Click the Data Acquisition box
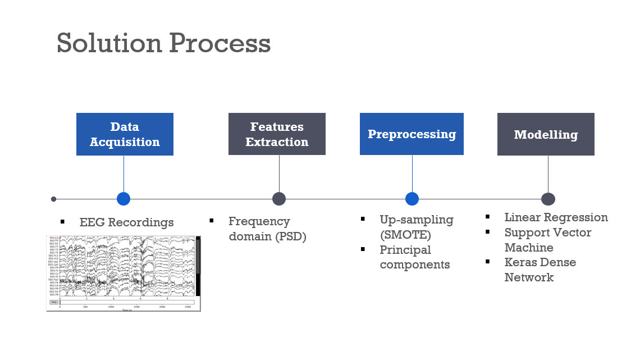click(x=125, y=134)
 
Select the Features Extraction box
click(x=277, y=134)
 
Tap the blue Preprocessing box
click(x=412, y=134)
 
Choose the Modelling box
click(x=546, y=134)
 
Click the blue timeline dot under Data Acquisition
click(x=124, y=199)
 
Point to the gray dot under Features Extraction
click(x=279, y=199)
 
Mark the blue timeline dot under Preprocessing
click(x=412, y=199)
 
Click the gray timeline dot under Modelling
click(x=548, y=199)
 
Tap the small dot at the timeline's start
click(x=53, y=199)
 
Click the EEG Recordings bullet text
click(x=126, y=222)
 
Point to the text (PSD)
click(x=290, y=236)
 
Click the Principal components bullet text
click(x=414, y=257)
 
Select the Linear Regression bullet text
click(x=556, y=217)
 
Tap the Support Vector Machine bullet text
click(x=547, y=240)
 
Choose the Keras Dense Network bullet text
click(x=540, y=270)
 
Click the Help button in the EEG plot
click(x=54, y=302)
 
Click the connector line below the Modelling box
click(x=548, y=174)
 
